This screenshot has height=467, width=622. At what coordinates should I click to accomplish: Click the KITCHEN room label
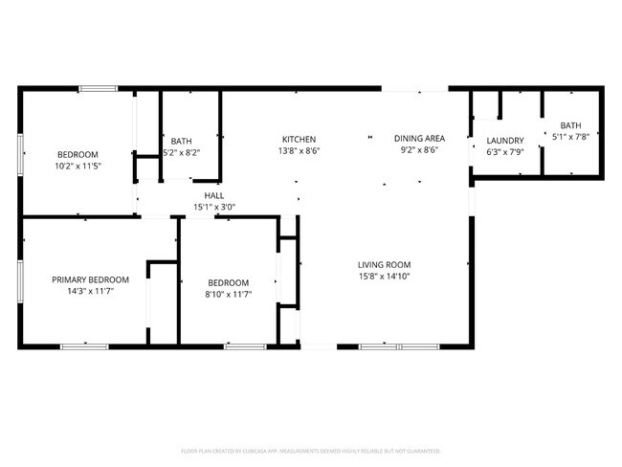pos(299,139)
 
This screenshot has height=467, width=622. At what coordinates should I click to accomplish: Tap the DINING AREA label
pos(420,139)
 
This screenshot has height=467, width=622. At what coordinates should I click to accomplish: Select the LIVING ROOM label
pos(384,265)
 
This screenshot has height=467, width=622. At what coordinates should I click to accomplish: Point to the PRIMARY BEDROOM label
pos(83,279)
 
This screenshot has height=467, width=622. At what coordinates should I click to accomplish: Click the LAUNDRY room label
pos(504,141)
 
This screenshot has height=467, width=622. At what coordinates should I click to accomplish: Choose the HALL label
pos(213,194)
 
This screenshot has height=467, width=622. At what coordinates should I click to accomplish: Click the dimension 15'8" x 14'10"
pos(384,277)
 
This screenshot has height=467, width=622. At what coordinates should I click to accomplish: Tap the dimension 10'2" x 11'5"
pos(78,166)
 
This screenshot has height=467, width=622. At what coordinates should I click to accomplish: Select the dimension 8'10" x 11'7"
pos(229,294)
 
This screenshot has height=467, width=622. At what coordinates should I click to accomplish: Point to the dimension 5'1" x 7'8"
pos(570,137)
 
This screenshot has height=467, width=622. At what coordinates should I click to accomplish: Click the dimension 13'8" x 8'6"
pos(299,150)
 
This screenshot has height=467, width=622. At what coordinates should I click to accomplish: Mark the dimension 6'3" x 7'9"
pos(504,151)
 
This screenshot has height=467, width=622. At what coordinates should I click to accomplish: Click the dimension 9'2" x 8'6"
pos(420,150)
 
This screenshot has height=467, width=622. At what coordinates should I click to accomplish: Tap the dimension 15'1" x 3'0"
pos(213,206)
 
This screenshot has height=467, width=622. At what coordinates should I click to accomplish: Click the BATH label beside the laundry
pos(570,125)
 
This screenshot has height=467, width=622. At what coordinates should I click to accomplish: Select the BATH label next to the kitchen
pos(181,141)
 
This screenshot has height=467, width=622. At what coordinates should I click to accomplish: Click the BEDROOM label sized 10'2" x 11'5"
pos(78,154)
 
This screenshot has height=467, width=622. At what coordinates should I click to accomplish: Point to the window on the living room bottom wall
pos(392,345)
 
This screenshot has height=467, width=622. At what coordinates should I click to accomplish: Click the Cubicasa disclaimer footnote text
pos(311,450)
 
